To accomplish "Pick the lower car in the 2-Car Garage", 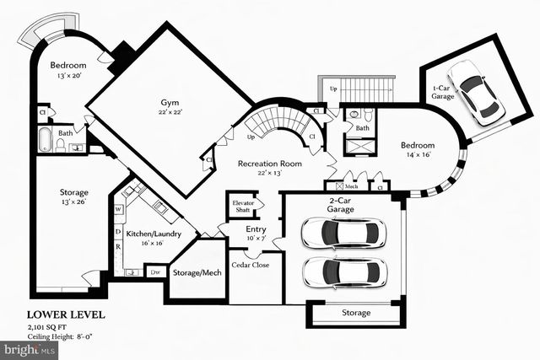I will [x=343, y=271].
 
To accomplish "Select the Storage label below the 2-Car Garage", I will [x=355, y=313].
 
